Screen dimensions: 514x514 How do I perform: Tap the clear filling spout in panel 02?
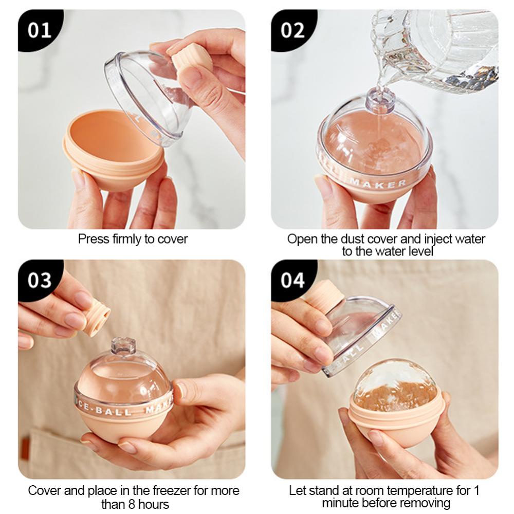pos(380,100)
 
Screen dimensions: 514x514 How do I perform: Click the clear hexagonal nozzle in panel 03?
pos(123,346)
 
